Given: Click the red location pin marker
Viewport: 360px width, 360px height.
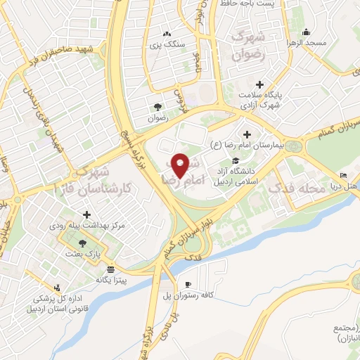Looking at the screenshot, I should click(x=180, y=165).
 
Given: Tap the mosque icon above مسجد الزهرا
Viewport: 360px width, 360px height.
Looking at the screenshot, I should click(x=306, y=32).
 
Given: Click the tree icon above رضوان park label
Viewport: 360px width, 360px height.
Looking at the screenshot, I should click(x=157, y=108).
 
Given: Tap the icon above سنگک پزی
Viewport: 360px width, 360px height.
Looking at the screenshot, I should click(x=167, y=33).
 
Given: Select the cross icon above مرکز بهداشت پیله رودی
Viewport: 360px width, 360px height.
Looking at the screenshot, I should click(x=86, y=215).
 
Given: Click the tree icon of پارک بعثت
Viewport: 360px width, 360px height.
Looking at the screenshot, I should click(x=84, y=243).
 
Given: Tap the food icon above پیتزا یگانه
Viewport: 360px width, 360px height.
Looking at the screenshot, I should click(x=110, y=269).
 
